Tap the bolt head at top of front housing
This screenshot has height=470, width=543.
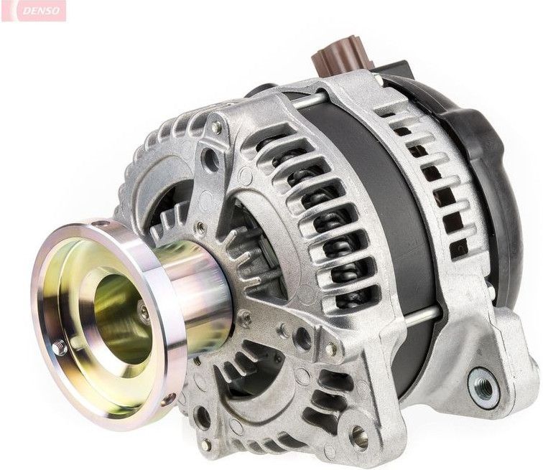(216, 128)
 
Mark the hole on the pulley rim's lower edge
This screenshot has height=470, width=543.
(169, 399)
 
